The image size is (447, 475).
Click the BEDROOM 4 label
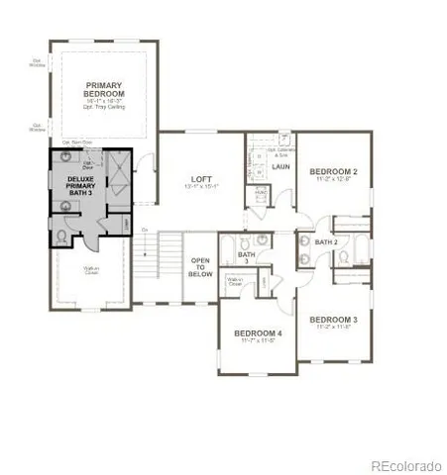pos(258,333)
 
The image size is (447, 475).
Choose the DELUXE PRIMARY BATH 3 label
pos(80,186)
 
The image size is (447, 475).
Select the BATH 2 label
pos(327,240)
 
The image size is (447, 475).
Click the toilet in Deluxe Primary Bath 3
pos(60,236)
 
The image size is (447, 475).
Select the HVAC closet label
pos(261,191)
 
